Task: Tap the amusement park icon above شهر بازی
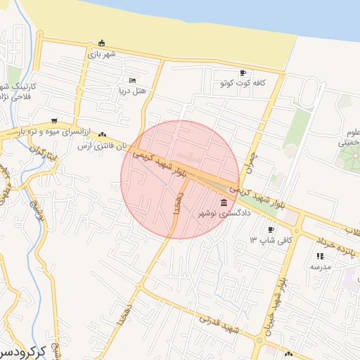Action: click(x=102, y=42)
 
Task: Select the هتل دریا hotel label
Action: click(x=132, y=91)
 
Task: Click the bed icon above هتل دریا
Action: click(x=132, y=81)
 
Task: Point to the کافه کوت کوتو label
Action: click(x=243, y=83)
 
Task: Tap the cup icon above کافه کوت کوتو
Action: click(x=243, y=72)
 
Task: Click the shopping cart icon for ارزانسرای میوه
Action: click(x=54, y=120)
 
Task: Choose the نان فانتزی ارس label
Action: click(x=103, y=146)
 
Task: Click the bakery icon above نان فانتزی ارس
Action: click(x=103, y=134)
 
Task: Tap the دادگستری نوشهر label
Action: click(x=224, y=213)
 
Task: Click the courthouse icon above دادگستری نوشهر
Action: click(x=224, y=202)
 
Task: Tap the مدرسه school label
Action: click(x=321, y=267)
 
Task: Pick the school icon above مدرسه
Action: click(x=321, y=257)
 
